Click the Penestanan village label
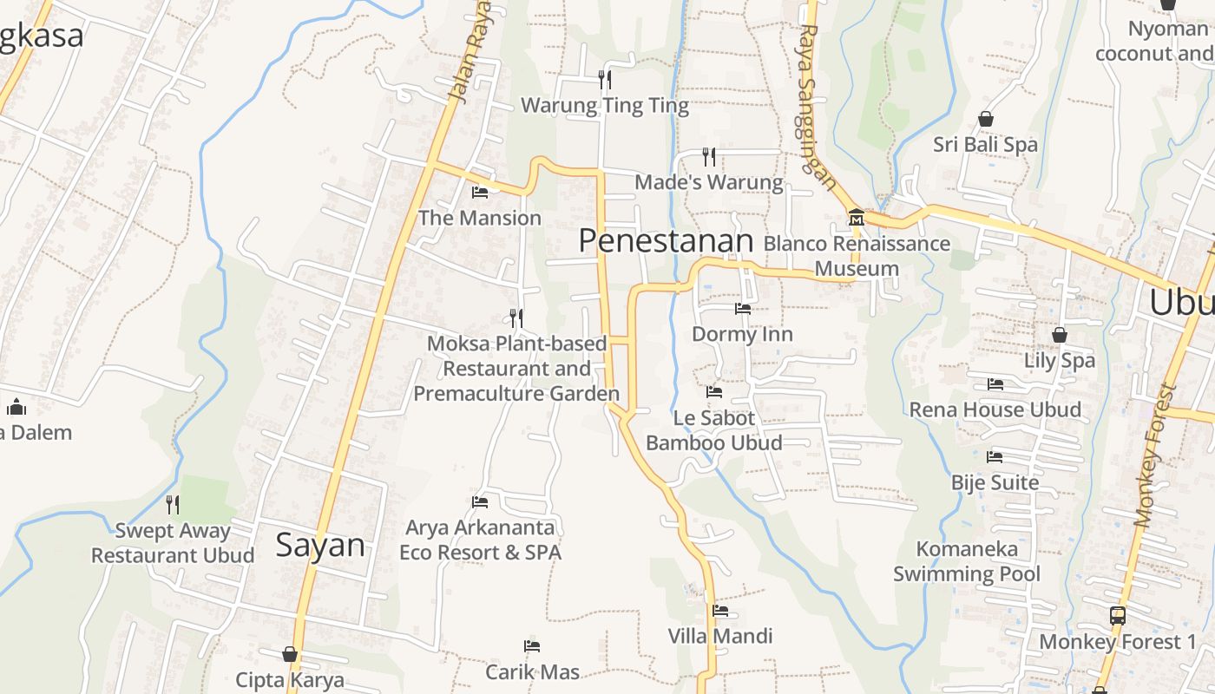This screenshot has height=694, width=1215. (666, 241)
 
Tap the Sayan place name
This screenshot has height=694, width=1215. (320, 545)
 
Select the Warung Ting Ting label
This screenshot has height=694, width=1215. (604, 106)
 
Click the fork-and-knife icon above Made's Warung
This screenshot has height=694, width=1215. (709, 156)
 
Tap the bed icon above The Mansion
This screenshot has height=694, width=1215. (479, 192)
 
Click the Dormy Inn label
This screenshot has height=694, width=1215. (742, 334)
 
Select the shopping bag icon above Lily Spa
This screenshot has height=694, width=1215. (1059, 334)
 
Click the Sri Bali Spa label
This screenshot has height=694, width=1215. (985, 144)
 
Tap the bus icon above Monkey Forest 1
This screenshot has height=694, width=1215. (1118, 616)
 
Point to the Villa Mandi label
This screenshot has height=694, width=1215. (720, 636)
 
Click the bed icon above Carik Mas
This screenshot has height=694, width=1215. (532, 646)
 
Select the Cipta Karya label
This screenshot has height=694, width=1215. (290, 679)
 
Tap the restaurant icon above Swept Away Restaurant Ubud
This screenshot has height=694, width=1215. (173, 504)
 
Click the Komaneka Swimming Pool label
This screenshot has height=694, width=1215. (967, 561)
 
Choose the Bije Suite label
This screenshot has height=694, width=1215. (995, 482)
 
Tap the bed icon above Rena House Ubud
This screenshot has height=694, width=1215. (995, 383)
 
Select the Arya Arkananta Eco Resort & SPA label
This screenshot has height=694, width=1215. (480, 540)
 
